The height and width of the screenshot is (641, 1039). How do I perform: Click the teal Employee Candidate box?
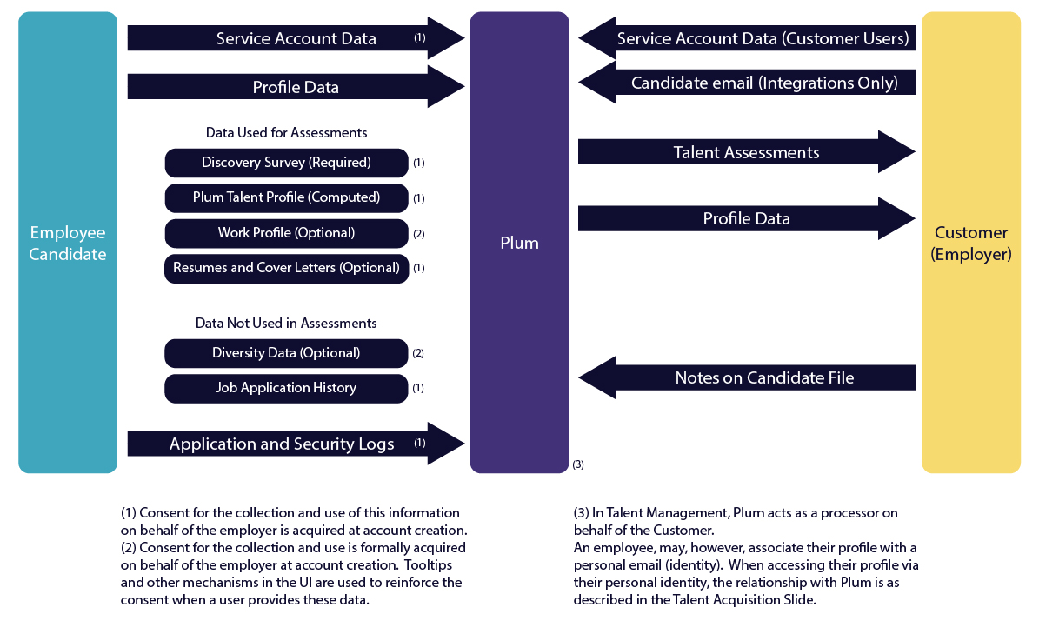[68, 243]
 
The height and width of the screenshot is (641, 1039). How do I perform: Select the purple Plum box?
[519, 243]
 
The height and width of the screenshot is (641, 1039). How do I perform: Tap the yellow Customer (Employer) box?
[970, 243]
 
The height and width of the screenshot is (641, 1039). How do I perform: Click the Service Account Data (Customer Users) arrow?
[748, 38]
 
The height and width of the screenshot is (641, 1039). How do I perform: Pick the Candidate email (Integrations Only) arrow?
[748, 83]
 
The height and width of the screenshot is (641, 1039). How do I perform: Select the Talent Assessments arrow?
[746, 152]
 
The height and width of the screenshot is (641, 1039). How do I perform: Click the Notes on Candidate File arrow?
[748, 377]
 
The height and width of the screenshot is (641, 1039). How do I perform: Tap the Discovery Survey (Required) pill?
[286, 163]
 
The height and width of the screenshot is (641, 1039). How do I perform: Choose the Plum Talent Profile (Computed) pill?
[286, 197]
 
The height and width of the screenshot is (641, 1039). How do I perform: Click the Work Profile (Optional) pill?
[286, 233]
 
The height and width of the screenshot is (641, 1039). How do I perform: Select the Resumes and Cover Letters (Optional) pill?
[286, 268]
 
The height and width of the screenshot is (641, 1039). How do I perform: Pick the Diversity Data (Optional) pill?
[286, 353]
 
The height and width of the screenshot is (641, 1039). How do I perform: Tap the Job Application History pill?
[286, 388]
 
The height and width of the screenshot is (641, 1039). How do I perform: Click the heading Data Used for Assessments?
[286, 133]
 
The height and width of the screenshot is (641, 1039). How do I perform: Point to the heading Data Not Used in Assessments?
[286, 324]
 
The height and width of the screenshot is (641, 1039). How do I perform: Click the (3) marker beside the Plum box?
[577, 464]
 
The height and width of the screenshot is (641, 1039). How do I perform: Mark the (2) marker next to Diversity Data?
[418, 354]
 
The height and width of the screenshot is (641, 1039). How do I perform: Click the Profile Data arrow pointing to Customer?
[746, 219]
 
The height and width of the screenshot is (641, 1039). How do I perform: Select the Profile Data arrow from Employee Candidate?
[296, 87]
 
